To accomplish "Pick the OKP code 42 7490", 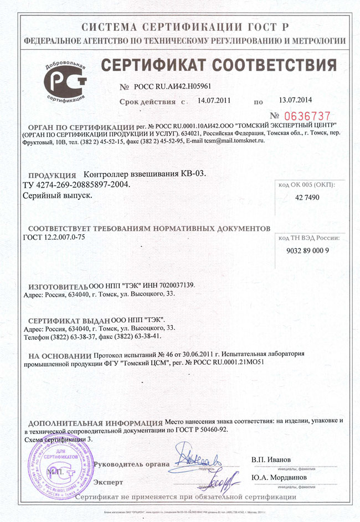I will (x=309, y=197).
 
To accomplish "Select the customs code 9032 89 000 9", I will (x=309, y=250).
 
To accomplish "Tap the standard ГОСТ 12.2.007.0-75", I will (x=55, y=237).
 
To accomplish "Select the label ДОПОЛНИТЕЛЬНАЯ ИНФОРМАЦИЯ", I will (x=95, y=422).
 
